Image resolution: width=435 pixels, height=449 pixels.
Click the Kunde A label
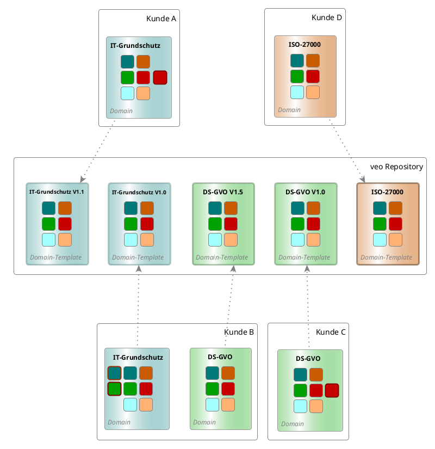pyautogui.click(x=161, y=19)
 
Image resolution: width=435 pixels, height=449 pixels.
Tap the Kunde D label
pyautogui.click(x=327, y=17)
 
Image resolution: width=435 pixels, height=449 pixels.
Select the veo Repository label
pyautogui.click(x=396, y=167)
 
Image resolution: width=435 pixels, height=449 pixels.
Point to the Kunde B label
pyautogui.click(x=239, y=332)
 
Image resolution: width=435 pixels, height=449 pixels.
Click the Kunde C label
pyautogui.click(x=331, y=332)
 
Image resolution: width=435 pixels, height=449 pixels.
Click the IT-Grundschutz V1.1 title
pyautogui.click(x=57, y=192)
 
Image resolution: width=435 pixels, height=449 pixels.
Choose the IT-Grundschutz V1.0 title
pyautogui.click(x=139, y=193)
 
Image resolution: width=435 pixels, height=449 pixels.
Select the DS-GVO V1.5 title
pyautogui.click(x=223, y=192)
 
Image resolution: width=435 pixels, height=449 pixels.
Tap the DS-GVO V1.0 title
pyautogui.click(x=306, y=192)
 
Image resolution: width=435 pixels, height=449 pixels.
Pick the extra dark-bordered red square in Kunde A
pyautogui.click(x=160, y=77)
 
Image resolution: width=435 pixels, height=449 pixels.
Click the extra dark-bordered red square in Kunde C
pyautogui.click(x=332, y=390)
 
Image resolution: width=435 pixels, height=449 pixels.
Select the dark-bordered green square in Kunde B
pyautogui.click(x=114, y=389)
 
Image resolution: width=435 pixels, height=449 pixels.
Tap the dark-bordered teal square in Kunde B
pyautogui.click(x=114, y=373)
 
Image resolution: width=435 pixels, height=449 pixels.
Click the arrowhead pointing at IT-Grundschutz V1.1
pyautogui.click(x=82, y=179)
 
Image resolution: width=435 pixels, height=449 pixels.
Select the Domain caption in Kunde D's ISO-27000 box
pyautogui.click(x=289, y=109)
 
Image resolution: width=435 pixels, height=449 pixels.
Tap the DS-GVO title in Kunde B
pyautogui.click(x=220, y=357)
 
